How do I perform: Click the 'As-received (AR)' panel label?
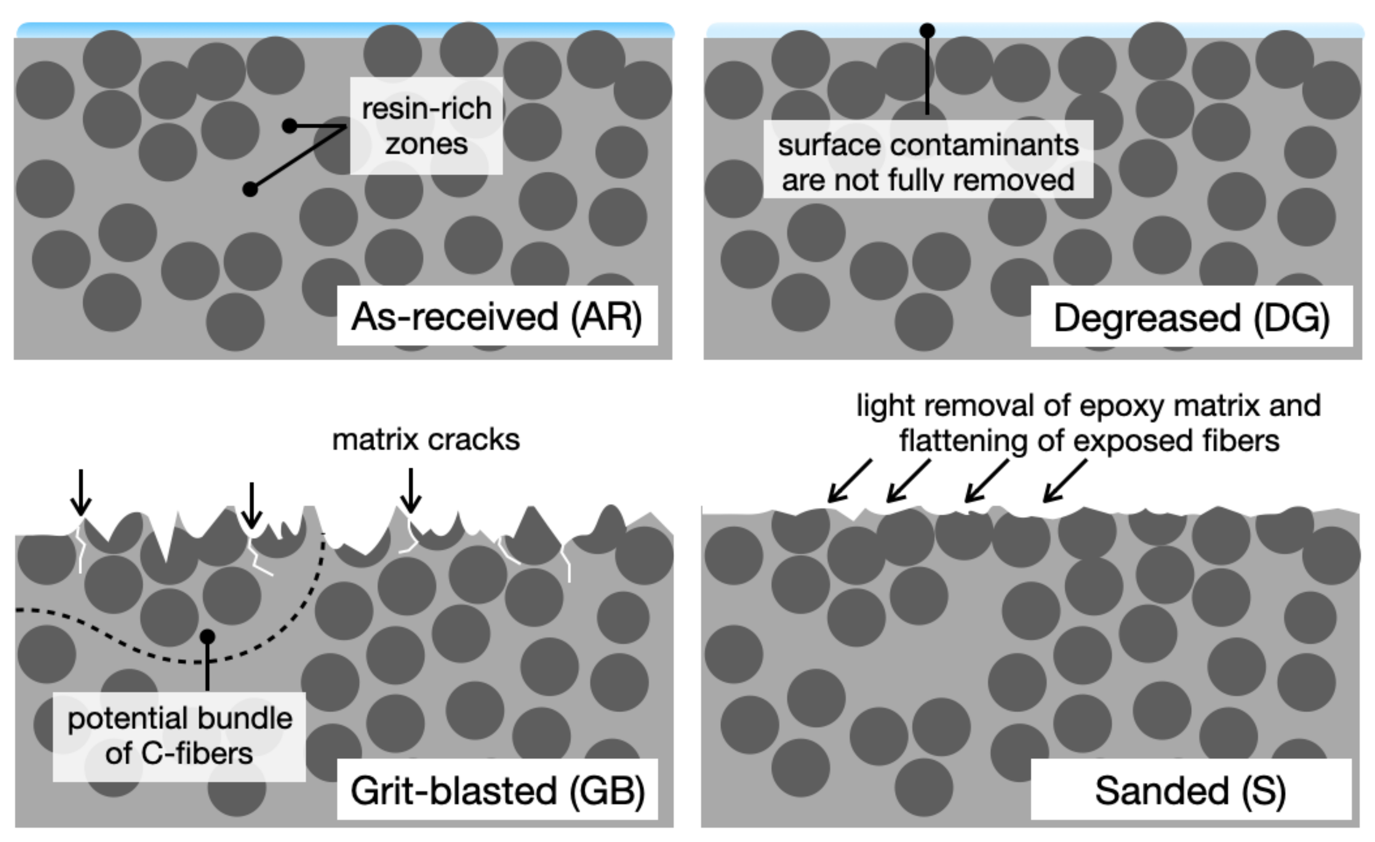pyautogui.click(x=497, y=316)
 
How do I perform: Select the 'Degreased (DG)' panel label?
pyautogui.click(x=1191, y=318)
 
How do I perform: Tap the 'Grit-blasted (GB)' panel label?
pyautogui.click(x=497, y=790)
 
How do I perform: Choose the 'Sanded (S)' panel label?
pyautogui.click(x=1191, y=790)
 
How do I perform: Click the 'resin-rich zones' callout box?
pyautogui.click(x=427, y=126)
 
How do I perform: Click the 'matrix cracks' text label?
pyautogui.click(x=426, y=440)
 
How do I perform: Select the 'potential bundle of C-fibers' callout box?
pyautogui.click(x=179, y=736)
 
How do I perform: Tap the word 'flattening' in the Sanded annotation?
pyautogui.click(x=963, y=441)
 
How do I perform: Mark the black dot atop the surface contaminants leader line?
pyautogui.click(x=927, y=30)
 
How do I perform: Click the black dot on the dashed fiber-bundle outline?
pyautogui.click(x=207, y=636)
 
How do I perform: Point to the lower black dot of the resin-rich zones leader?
pyautogui.click(x=250, y=190)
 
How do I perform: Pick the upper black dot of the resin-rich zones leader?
pyautogui.click(x=290, y=126)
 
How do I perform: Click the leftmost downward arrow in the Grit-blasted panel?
pyautogui.click(x=81, y=493)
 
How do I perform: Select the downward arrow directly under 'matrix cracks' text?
pyautogui.click(x=411, y=491)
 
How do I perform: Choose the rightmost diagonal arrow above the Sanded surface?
pyautogui.click(x=1064, y=481)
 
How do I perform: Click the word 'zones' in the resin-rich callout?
pyautogui.click(x=427, y=145)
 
